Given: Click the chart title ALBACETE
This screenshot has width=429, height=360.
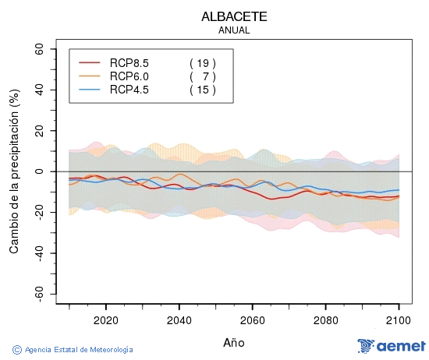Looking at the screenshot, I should click(235, 16).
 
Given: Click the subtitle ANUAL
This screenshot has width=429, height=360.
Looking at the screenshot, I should click(235, 30).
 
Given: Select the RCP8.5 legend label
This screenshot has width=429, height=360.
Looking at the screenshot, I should click(129, 63).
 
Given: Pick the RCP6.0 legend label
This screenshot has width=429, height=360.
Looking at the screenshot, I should click(129, 76).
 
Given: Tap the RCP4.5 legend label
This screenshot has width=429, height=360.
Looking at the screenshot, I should click(129, 90).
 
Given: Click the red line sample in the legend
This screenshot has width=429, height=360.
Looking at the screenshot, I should click(90, 63).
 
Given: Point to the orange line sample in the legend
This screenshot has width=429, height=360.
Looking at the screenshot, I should click(90, 76).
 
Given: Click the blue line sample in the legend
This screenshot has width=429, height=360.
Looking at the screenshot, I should click(90, 90).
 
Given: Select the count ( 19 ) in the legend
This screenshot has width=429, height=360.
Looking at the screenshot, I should click(203, 63).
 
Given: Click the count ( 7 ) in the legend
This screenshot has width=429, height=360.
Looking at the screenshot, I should click(203, 76).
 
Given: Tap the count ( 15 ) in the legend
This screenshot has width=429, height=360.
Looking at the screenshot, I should click(203, 90).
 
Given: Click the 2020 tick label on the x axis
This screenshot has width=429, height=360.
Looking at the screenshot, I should click(105, 319).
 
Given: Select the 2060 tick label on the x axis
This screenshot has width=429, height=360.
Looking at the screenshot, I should click(252, 319).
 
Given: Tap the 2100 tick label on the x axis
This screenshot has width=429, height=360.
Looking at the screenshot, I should click(399, 319).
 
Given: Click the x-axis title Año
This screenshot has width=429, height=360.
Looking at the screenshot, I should click(235, 342).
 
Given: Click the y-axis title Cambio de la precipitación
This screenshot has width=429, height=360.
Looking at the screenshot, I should click(13, 171).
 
